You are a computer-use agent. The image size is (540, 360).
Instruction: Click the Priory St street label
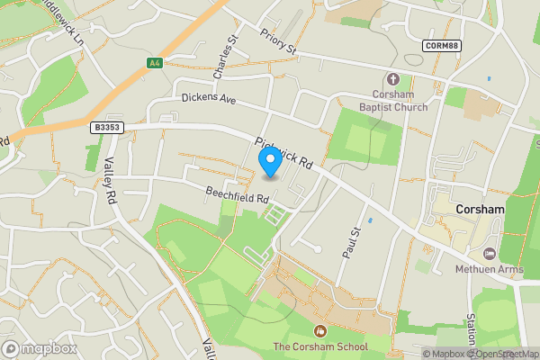[x=277, y=43]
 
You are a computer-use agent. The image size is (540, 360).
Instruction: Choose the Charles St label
[x=222, y=55]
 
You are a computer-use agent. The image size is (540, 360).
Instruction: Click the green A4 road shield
[x=155, y=63]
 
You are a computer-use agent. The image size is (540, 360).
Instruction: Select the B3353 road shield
[x=106, y=129]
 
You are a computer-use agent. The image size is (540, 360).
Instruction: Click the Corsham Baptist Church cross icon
[x=392, y=79]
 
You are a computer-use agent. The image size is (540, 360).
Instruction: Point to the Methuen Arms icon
[x=490, y=255]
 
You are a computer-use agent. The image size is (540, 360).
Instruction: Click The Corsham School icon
[x=320, y=331]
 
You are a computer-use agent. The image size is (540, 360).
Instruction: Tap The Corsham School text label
[x=320, y=347]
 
